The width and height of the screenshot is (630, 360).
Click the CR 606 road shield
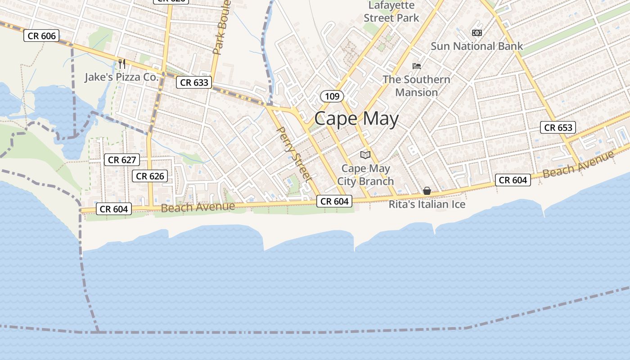(x=42, y=36)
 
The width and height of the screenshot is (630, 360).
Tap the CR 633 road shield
(x=194, y=82)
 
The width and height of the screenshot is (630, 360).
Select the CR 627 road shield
(x=122, y=160)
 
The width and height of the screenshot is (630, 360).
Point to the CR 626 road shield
(x=150, y=176)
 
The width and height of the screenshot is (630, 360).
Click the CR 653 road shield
(x=558, y=128)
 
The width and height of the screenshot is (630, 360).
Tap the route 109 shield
(x=332, y=96)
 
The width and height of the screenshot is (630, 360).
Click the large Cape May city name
(x=356, y=119)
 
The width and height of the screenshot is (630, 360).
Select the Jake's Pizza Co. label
(x=122, y=77)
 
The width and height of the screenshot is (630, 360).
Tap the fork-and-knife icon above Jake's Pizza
(x=121, y=63)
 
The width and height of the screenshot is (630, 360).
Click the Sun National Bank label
(x=477, y=46)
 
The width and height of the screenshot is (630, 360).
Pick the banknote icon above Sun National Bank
(x=477, y=33)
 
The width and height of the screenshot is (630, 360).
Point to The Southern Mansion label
(x=416, y=86)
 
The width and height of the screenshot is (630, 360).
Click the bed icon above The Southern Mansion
(x=417, y=66)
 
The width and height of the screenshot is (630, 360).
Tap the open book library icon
(x=365, y=155)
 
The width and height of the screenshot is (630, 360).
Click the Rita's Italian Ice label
(x=427, y=204)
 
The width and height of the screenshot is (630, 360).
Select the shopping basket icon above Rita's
(x=427, y=191)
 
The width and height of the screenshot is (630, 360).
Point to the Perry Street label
(x=294, y=153)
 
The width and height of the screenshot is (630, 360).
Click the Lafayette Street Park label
(x=391, y=12)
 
